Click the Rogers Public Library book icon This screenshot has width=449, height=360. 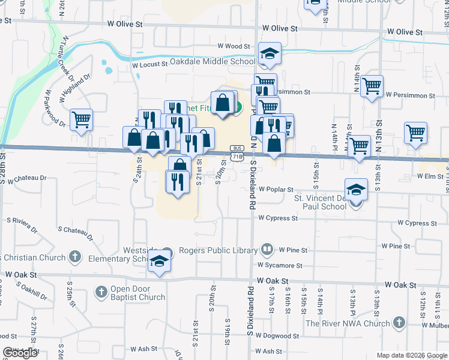click(268, 249)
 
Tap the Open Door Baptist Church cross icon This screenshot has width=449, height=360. click(101, 292)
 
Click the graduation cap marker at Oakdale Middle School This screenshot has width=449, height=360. click(270, 55)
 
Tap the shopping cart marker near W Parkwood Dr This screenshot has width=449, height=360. click(81, 119)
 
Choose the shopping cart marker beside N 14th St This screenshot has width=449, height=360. click(372, 86)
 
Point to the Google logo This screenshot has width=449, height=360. click(20, 353)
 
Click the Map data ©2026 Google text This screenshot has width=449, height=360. click(411, 355)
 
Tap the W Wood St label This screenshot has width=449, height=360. click(234, 46)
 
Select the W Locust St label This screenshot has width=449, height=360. click(149, 64)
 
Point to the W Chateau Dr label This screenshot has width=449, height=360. click(26, 178)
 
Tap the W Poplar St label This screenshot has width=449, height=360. click(276, 189)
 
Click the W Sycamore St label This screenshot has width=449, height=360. click(280, 265)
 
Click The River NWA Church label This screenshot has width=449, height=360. click(348, 323)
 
